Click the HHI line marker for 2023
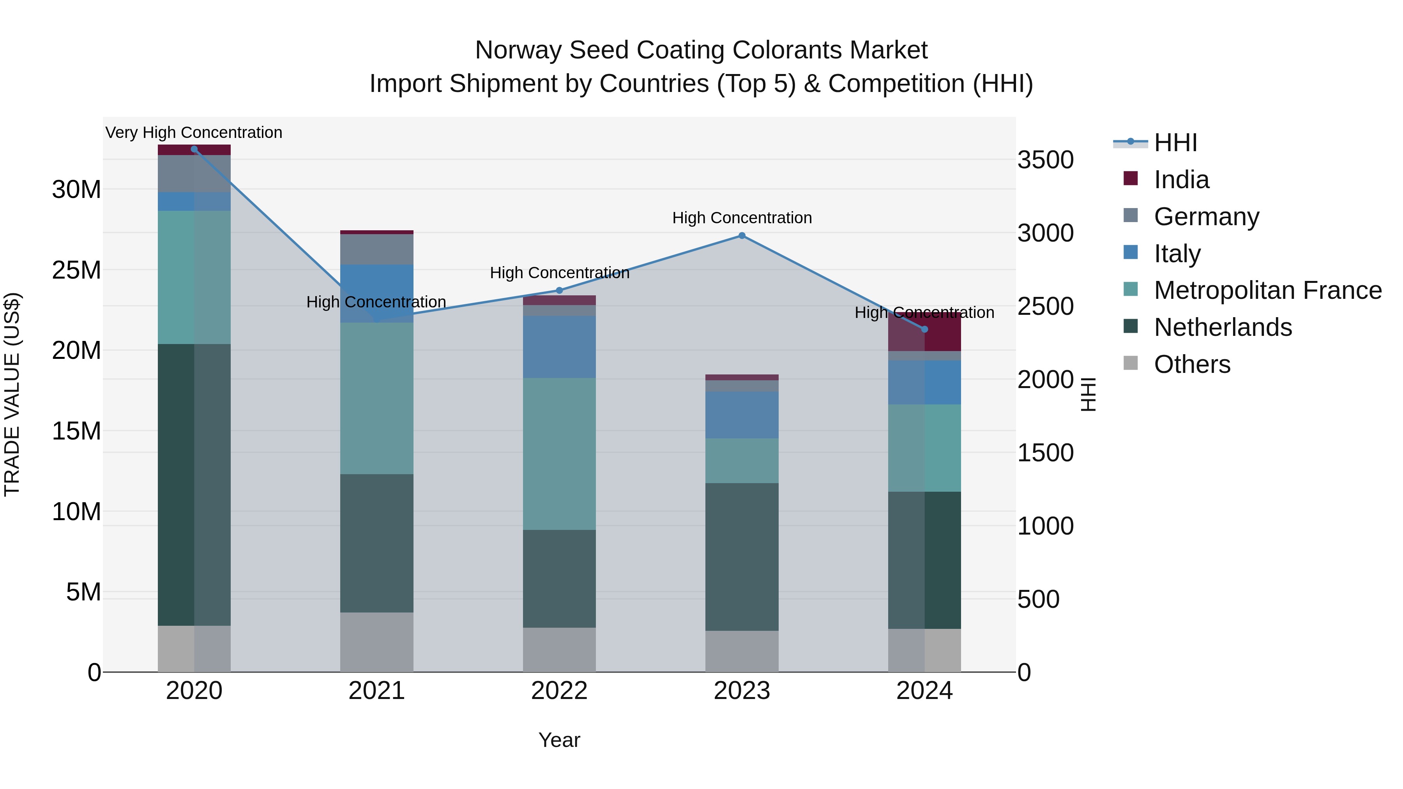point(742,236)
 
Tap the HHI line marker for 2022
point(559,290)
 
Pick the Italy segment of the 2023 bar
point(742,415)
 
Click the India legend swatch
point(1131,178)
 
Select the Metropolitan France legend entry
point(1267,290)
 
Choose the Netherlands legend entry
point(1223,327)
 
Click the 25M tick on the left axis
point(76,270)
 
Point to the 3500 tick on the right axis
point(1045,160)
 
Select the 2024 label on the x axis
point(924,691)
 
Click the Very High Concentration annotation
point(194,132)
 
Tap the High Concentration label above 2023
point(742,218)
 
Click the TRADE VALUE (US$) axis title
point(12,394)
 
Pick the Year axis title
point(559,740)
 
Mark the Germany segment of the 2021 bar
point(376,249)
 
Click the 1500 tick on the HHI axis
point(1045,453)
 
